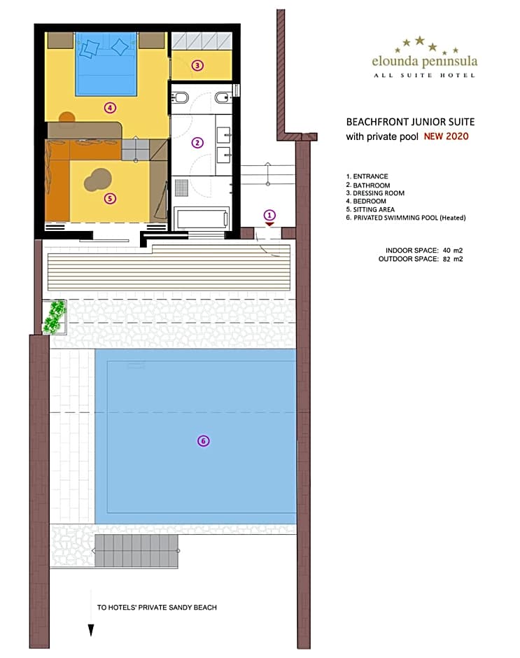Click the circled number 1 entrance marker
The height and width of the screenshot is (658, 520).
tap(269, 216)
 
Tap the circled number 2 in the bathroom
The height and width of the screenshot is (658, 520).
tap(197, 143)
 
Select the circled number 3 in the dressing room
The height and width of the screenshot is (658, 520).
tap(197, 65)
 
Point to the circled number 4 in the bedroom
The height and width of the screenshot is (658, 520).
tap(110, 108)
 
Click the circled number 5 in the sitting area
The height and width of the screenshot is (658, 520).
tap(110, 198)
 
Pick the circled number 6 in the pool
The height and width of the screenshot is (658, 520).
tap(204, 440)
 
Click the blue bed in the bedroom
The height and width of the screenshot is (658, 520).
tap(106, 64)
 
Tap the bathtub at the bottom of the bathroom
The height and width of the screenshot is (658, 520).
tap(202, 218)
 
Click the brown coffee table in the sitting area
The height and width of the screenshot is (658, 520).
tap(98, 180)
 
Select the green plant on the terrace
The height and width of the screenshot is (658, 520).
tap(55, 317)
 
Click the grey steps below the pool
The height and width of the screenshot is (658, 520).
tap(136, 550)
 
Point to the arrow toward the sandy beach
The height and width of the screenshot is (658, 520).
tap(91, 613)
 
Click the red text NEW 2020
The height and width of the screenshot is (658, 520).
tap(446, 136)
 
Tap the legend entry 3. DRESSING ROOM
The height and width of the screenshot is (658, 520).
tap(375, 193)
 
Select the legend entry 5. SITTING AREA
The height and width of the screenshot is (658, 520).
tap(370, 209)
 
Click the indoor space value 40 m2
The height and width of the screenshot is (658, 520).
tap(452, 251)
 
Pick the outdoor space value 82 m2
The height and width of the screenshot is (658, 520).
tap(452, 259)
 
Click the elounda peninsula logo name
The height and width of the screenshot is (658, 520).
tap(425, 62)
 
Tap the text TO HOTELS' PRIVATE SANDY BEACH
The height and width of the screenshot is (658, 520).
tap(157, 607)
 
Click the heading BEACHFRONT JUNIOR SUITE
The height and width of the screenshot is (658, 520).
tap(410, 122)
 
